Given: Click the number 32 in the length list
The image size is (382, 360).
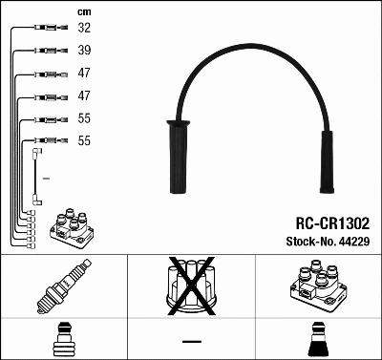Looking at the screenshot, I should [x=84, y=29].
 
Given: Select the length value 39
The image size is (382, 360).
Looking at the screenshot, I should [x=84, y=51].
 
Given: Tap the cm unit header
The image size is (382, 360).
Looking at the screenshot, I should [x=83, y=11].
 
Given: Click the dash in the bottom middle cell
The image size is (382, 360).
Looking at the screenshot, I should [x=191, y=341].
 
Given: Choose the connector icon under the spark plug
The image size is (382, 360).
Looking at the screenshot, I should [x=61, y=340].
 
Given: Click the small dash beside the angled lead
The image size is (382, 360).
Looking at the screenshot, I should [x=45, y=179].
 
